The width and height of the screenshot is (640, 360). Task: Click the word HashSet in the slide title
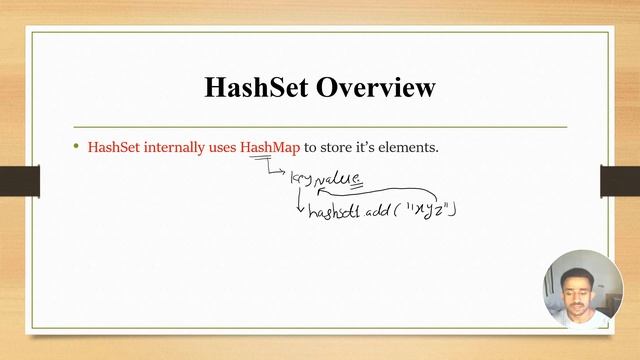click(x=258, y=88)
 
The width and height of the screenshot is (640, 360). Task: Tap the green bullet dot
click(x=75, y=146)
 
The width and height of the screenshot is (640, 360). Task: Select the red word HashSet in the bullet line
click(x=115, y=147)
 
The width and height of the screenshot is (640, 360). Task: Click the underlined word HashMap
click(x=270, y=147)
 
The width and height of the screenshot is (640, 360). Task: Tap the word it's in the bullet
click(x=370, y=147)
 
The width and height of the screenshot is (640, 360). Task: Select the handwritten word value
click(x=337, y=178)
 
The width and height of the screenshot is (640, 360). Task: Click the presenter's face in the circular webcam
click(x=578, y=293)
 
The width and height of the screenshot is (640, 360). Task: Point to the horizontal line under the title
click(x=320, y=127)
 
